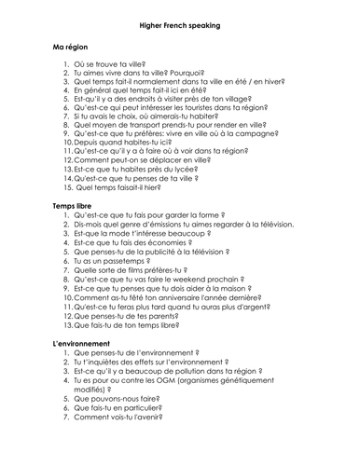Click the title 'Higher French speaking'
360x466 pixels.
click(x=180, y=25)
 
